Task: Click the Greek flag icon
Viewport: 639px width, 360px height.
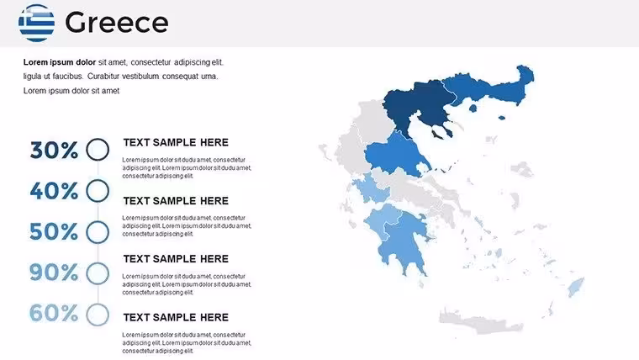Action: [x=36, y=23]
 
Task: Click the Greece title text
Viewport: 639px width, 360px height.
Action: [x=117, y=23]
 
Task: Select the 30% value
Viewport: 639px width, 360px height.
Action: [x=54, y=150]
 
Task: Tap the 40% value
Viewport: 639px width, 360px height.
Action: [x=54, y=190]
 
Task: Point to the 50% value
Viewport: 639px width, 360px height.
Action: [x=54, y=231]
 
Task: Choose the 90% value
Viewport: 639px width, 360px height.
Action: [x=54, y=273]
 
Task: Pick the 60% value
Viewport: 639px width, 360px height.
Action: [x=54, y=313]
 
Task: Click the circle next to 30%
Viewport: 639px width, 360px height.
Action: [x=98, y=138]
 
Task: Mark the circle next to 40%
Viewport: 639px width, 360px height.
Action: [x=98, y=179]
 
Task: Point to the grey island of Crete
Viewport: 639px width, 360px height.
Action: [x=481, y=323]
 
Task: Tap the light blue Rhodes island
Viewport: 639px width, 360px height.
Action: [x=575, y=288]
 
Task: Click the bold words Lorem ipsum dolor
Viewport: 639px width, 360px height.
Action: [x=60, y=62]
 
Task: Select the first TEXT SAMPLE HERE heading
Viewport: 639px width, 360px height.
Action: [x=176, y=142]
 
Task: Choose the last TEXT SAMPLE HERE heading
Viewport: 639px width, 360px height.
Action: [x=176, y=317]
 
